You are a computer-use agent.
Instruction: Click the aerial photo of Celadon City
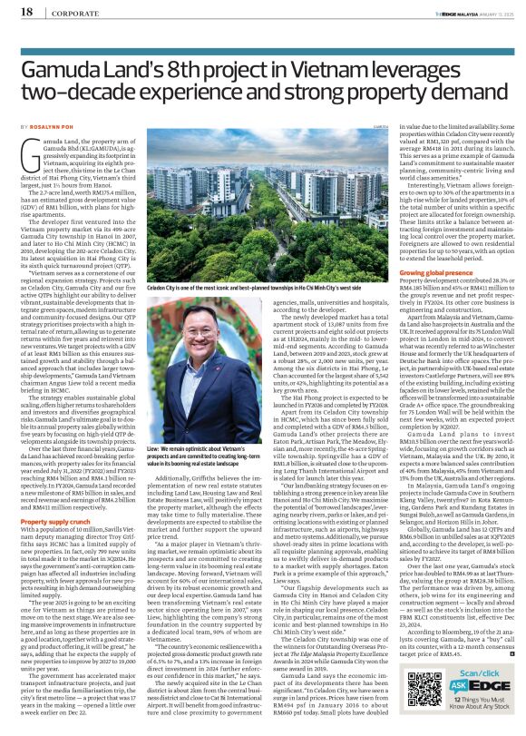tap(249, 207)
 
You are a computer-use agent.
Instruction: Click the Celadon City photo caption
tap(249, 286)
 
